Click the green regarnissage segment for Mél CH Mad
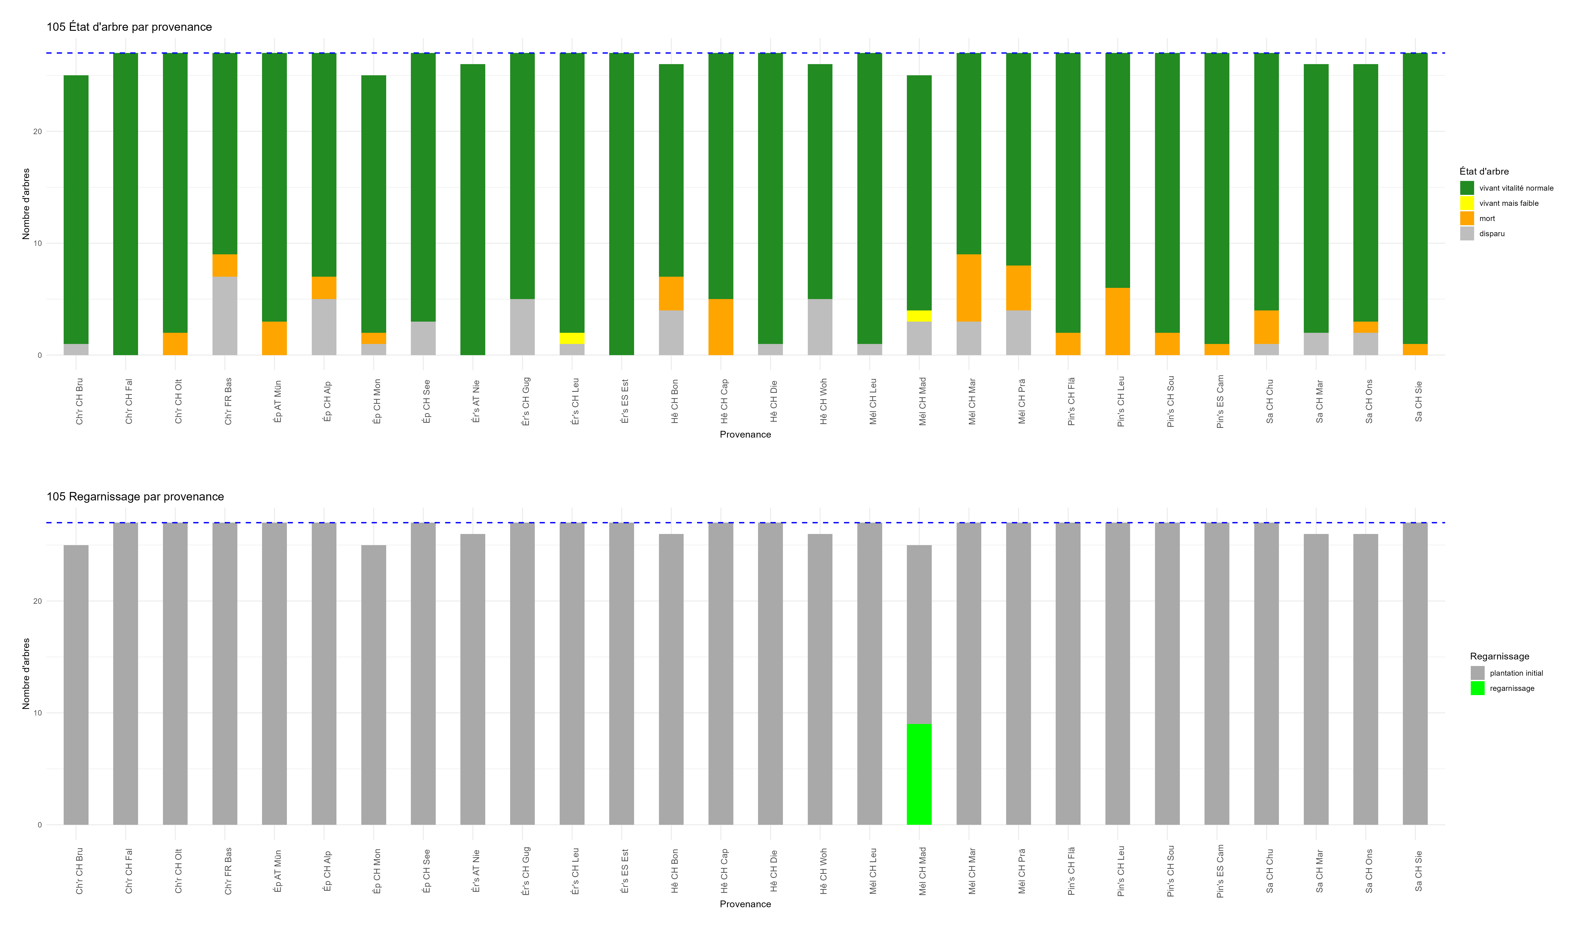[919, 774]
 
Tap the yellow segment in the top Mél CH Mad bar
[919, 316]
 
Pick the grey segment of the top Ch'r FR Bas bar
[225, 316]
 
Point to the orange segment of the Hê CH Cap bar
[721, 327]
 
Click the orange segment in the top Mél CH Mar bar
[969, 288]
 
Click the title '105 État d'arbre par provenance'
[129, 27]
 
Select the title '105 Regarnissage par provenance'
[135, 497]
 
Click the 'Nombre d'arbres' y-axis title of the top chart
[26, 204]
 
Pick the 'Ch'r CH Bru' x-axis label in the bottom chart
[79, 871]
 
